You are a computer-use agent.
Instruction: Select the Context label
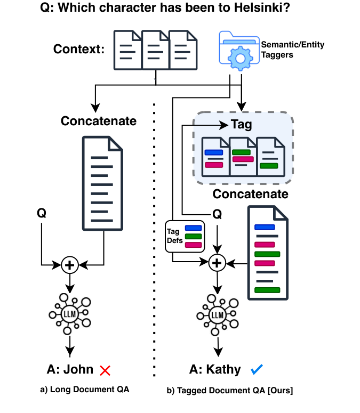pos(79,50)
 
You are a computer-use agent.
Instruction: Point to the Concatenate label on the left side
pos(99,121)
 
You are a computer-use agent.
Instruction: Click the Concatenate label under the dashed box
pos(250,193)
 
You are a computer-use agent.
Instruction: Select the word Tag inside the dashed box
pos(241,124)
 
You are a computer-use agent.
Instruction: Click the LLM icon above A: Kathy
pos(217,314)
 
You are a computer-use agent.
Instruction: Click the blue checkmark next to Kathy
pos(257,369)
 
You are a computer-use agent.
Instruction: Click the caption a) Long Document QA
pos(85,390)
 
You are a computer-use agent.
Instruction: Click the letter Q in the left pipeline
pos(41,213)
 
